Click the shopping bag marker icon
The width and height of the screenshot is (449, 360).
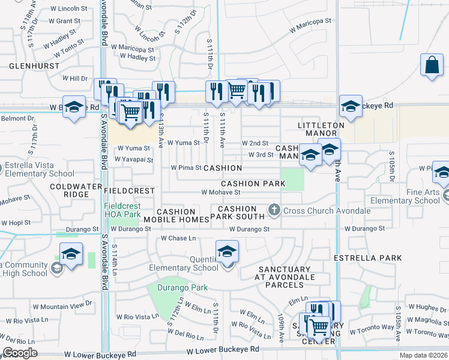pyautogui.click(x=432, y=64)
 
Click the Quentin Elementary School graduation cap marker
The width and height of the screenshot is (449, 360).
pyautogui.click(x=227, y=251)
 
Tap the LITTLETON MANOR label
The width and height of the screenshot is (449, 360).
pyautogui.click(x=321, y=130)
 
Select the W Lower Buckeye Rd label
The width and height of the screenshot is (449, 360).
pyautogui.click(x=223, y=349)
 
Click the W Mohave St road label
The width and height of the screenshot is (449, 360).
pyautogui.click(x=220, y=193)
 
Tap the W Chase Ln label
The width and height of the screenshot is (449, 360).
pyautogui.click(x=178, y=238)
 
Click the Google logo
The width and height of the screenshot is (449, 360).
pyautogui.click(x=20, y=353)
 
